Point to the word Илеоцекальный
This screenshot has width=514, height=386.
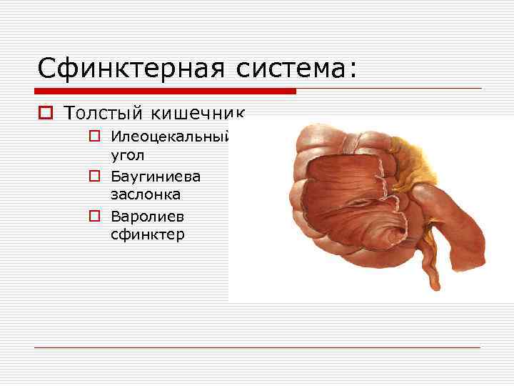[x=170, y=136]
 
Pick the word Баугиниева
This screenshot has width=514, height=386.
[x=156, y=175]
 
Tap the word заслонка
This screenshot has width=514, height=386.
[x=145, y=194]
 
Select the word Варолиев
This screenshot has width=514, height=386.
[x=148, y=215]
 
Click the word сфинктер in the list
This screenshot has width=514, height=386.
[x=147, y=234]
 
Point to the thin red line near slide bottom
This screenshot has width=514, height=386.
[x=257, y=348]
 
